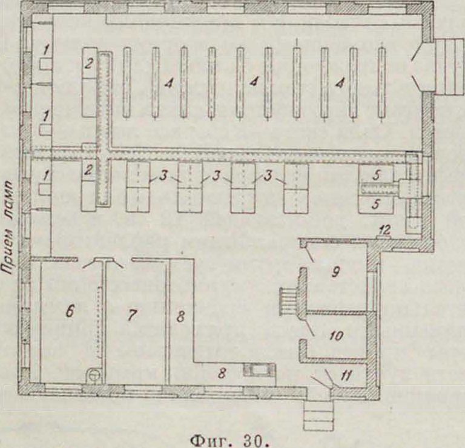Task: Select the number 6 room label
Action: coord(70,311)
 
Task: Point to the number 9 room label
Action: coord(335,271)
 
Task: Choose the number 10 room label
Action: coord(336,335)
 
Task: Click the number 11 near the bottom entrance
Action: coord(346,376)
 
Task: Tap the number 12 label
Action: coord(384,229)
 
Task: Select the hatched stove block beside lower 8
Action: coord(260,371)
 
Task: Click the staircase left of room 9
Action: coord(288,301)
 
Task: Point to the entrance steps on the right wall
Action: coord(449,67)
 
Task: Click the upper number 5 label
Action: coord(376,176)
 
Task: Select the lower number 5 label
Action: coord(375,204)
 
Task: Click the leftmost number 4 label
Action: coord(168,84)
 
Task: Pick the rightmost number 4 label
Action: coord(340,84)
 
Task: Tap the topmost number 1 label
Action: coord(45,50)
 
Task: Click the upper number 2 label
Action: coord(88,63)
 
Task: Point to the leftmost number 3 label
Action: coord(162,176)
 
